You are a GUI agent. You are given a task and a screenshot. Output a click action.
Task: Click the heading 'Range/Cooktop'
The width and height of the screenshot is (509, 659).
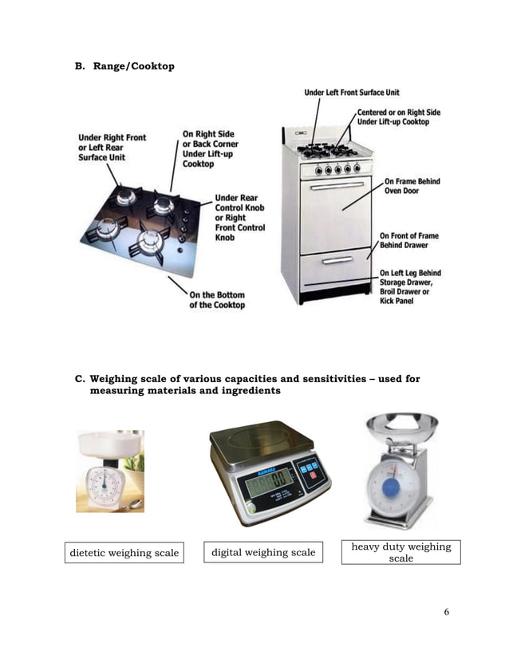133,65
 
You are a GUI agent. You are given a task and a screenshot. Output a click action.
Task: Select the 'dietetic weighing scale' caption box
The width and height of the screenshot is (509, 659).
124,553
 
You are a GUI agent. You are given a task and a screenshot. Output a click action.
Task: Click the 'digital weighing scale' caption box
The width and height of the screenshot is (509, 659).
262,552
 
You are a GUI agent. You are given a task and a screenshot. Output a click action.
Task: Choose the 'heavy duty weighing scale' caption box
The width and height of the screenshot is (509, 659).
400,552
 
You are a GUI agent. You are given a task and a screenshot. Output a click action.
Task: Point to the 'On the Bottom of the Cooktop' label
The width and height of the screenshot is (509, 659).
217,300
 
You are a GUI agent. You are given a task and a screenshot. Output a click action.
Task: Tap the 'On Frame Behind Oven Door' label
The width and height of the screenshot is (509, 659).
412,187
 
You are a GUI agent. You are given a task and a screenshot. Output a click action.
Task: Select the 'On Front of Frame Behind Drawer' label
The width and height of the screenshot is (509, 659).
408,240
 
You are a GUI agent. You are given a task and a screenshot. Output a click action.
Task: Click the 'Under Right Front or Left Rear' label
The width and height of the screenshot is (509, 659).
112,148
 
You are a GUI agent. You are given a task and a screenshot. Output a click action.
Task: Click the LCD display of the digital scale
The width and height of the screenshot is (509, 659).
268,482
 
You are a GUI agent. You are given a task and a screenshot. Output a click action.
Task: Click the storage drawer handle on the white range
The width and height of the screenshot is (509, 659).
336,260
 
